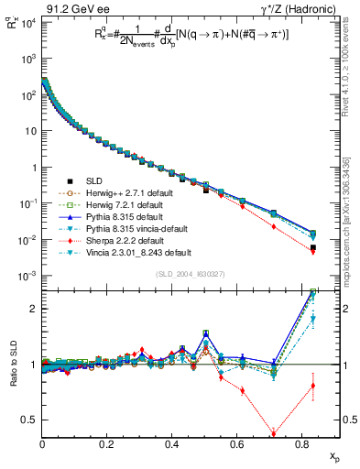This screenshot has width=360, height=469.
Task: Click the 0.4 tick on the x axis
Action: pos(172,445)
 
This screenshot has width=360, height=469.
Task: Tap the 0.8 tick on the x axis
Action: pos(303,445)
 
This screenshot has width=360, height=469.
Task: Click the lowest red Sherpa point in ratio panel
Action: pos(273,434)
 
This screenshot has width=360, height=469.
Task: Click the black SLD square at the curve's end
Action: pos(313,247)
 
